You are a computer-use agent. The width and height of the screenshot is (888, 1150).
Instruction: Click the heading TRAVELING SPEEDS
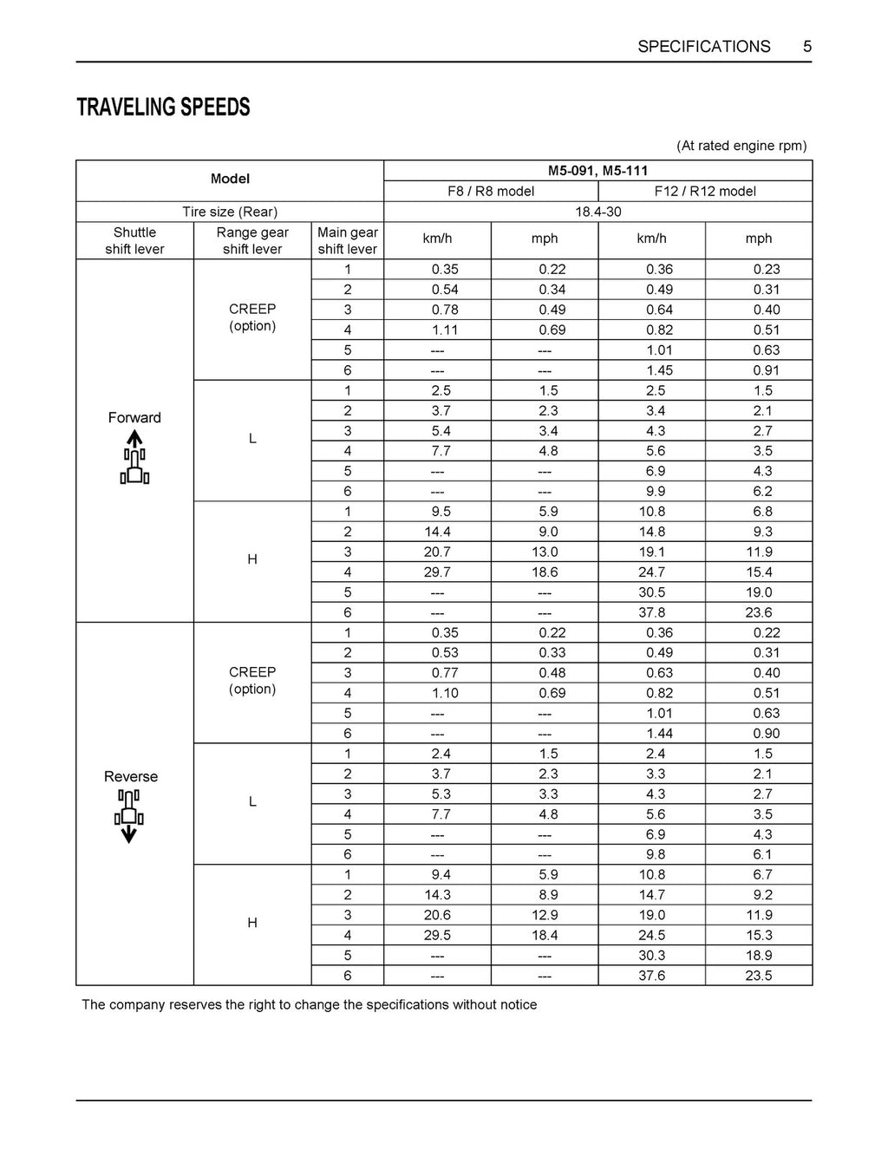[x=163, y=108]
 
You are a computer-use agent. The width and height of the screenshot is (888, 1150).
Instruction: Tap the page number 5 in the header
[x=807, y=47]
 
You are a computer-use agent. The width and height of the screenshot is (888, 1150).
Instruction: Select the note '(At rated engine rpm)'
[x=741, y=146]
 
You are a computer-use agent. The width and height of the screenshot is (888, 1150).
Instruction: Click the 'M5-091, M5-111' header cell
[x=597, y=171]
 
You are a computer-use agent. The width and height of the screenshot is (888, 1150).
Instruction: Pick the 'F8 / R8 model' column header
[x=491, y=191]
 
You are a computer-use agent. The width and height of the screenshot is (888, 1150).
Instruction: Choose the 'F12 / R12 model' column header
[x=705, y=191]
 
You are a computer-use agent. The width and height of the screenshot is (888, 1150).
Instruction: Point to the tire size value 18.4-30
[x=597, y=212]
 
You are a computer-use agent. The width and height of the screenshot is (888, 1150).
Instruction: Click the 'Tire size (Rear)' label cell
[x=230, y=212]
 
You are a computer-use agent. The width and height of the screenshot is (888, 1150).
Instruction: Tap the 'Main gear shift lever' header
[x=347, y=240]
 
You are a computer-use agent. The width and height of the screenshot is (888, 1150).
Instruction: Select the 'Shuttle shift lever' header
[x=134, y=240]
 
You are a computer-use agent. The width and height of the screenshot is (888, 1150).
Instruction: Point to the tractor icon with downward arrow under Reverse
[x=129, y=817]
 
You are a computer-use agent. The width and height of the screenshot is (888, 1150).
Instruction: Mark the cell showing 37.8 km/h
[x=652, y=612]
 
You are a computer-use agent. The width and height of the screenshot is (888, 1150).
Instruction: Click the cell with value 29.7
[x=437, y=572]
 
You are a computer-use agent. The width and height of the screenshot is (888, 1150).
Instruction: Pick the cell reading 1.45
[x=659, y=370]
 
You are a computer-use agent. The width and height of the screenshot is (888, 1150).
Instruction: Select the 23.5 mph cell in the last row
[x=759, y=976]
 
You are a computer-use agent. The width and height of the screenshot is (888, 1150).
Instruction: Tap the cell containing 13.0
[x=545, y=552]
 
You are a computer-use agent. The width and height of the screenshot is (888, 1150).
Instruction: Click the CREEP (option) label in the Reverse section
[x=252, y=681]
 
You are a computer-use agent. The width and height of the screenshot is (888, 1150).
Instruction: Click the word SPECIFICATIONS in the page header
[x=703, y=47]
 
